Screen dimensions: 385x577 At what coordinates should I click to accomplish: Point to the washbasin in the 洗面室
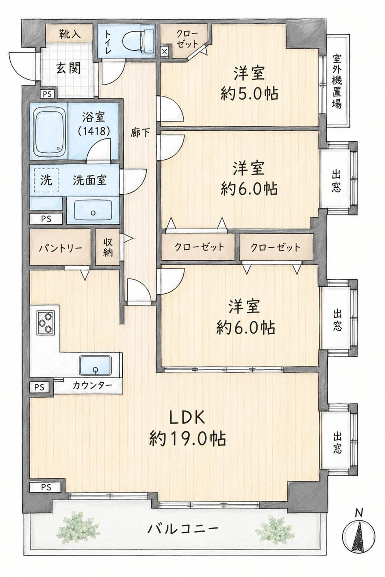coord(93,210)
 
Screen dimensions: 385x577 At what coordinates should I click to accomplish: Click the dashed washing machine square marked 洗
coord(46,180)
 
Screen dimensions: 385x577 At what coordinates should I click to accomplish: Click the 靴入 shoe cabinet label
coord(69,34)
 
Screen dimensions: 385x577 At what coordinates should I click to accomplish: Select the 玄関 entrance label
coord(69,68)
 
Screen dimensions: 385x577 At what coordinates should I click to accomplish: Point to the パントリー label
coord(60,248)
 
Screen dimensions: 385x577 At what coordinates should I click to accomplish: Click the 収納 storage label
coord(108,247)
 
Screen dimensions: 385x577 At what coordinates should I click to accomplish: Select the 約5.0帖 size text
coord(249,93)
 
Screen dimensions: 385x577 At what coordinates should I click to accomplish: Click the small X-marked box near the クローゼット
coord(164,51)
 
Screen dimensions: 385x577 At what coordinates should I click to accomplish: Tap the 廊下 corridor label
coord(140,133)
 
